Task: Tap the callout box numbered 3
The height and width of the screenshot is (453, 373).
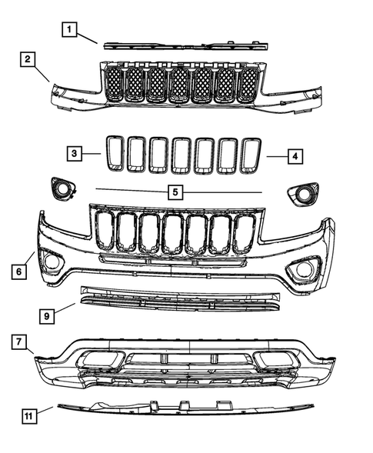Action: (x=72, y=154)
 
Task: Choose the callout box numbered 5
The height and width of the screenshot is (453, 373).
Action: (x=175, y=192)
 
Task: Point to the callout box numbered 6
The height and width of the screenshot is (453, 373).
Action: (x=17, y=271)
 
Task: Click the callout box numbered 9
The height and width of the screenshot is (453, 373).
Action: (x=47, y=315)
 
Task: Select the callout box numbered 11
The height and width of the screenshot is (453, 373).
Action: (x=28, y=416)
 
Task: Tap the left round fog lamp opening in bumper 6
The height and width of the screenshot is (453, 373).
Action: (x=53, y=261)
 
